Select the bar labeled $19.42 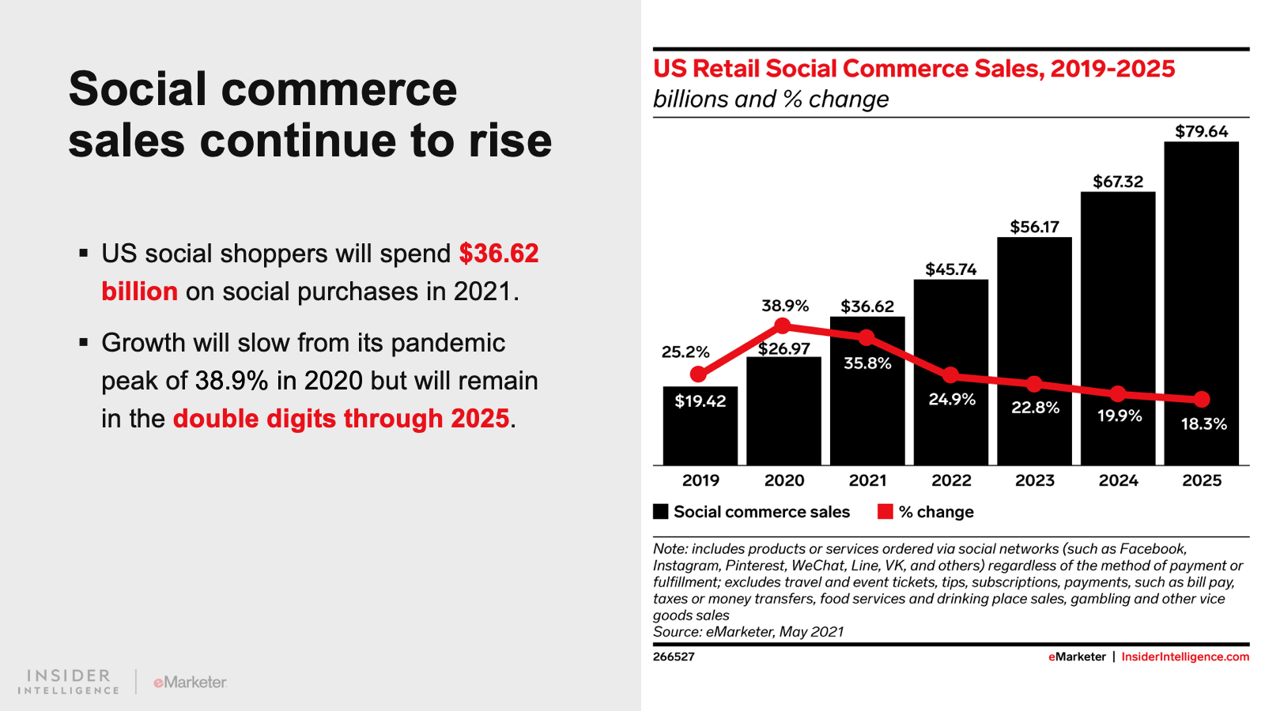click(700, 427)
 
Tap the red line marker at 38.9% click(782, 325)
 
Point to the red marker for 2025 click(1202, 399)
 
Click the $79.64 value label click(1201, 131)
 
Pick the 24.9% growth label click(952, 399)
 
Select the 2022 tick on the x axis click(951, 480)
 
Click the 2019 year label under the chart click(700, 480)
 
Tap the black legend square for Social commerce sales click(661, 512)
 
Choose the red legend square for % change click(885, 512)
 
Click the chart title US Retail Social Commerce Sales click(913, 69)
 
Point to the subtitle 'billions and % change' click(770, 100)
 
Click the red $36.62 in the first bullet click(498, 254)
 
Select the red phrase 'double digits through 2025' click(341, 419)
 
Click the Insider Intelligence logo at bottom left click(69, 682)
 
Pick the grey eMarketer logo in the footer click(190, 682)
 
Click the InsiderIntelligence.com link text click(1185, 656)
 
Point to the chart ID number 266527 click(674, 656)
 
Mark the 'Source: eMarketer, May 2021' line click(748, 632)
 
